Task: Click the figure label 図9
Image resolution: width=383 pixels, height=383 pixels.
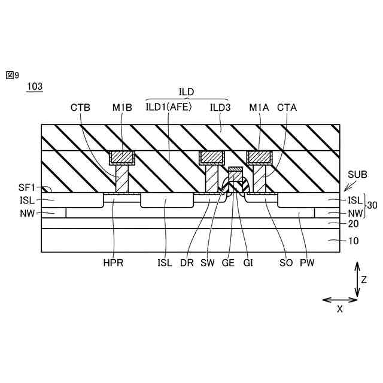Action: pyautogui.click(x=13, y=75)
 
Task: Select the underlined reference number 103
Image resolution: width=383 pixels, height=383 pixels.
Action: pyautogui.click(x=35, y=87)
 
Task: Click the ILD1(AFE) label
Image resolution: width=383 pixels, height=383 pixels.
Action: pyautogui.click(x=168, y=108)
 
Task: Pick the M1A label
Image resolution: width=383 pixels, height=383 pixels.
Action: pyautogui.click(x=259, y=108)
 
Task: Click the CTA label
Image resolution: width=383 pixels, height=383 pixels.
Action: pyautogui.click(x=287, y=108)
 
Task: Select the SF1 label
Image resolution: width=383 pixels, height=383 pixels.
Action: pyautogui.click(x=26, y=188)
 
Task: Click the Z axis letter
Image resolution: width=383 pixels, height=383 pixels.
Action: pyautogui.click(x=364, y=279)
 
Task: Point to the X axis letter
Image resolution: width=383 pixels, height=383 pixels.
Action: pyautogui.click(x=340, y=309)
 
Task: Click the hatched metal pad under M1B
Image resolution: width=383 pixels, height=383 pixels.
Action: pyautogui.click(x=121, y=158)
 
